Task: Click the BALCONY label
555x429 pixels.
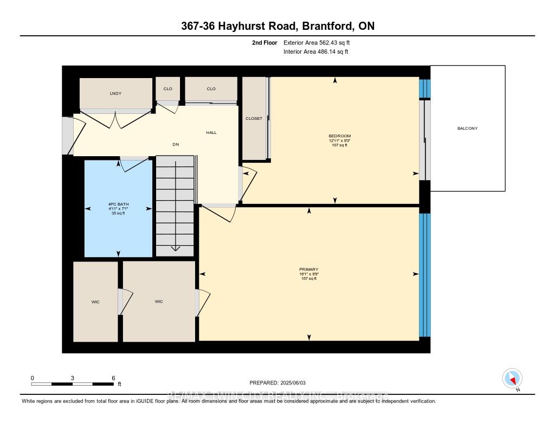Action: pos(467,129)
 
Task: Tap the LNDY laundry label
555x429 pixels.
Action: pos(115,94)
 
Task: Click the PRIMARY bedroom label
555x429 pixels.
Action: pos(308,270)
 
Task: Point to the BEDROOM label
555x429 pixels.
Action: pos(340,136)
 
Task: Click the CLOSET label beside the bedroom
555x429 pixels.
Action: pos(254,118)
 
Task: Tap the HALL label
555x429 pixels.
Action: pos(211,132)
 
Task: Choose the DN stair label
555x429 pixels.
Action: pos(176,144)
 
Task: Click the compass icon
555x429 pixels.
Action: pos(512,378)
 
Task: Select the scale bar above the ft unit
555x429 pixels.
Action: pos(73,383)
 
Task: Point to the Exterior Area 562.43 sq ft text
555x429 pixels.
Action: pos(320,42)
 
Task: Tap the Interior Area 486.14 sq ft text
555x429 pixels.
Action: pos(315,52)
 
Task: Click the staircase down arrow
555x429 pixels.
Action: pos(175,247)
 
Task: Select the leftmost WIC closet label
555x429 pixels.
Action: pos(95,302)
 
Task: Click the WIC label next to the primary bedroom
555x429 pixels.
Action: pos(159,302)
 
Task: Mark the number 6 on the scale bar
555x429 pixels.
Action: pos(113,377)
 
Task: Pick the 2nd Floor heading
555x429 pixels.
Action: pos(264,42)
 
